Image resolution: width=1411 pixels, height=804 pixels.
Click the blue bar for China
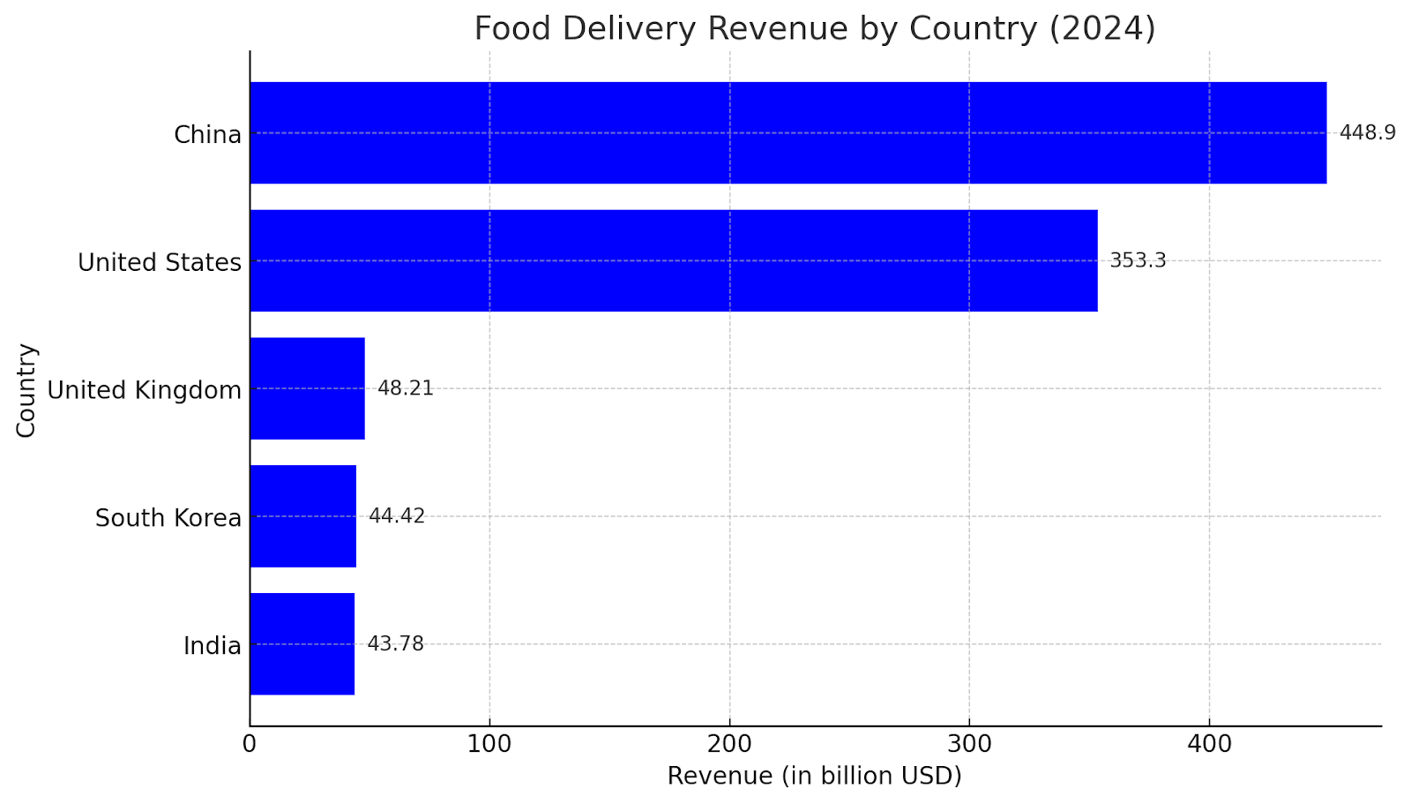coord(788,133)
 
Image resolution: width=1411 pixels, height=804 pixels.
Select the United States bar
coord(673,260)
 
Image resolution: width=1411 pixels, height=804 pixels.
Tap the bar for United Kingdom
coord(307,388)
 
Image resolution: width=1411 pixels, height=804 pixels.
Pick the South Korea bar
coord(302,516)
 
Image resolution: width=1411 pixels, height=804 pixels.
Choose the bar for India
coord(302,644)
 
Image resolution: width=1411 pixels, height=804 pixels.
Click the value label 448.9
coord(1367,133)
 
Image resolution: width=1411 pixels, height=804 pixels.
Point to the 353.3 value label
coord(1138,260)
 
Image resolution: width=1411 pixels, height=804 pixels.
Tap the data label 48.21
coord(406,388)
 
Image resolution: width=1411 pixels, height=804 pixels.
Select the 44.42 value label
coord(397,516)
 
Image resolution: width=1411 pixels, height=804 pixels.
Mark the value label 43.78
coord(395,644)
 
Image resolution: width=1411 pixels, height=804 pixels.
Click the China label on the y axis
coord(207,135)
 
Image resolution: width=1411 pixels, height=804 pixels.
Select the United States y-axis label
coord(160,263)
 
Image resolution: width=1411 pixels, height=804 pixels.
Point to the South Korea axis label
coord(168,518)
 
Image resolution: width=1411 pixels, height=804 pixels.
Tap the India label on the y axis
coord(212,646)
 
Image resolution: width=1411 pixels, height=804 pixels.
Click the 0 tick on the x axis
coord(250,744)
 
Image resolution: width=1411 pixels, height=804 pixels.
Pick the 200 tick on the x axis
coord(729,744)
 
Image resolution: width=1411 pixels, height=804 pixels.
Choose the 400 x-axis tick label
coord(1209,744)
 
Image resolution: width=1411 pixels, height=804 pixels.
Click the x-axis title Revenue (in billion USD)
coord(814,776)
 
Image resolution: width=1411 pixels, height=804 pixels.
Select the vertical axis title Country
coord(26,389)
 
